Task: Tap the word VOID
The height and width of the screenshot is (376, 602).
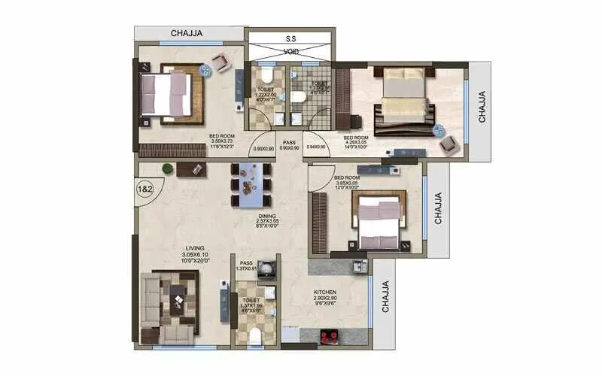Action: pos(290,52)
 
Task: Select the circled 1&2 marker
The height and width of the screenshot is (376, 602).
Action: pos(146,188)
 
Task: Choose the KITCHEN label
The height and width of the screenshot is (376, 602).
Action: pos(325,291)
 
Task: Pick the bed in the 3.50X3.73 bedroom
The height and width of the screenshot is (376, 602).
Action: pos(171,94)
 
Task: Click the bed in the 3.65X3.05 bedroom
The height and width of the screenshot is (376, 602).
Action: pos(381,220)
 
